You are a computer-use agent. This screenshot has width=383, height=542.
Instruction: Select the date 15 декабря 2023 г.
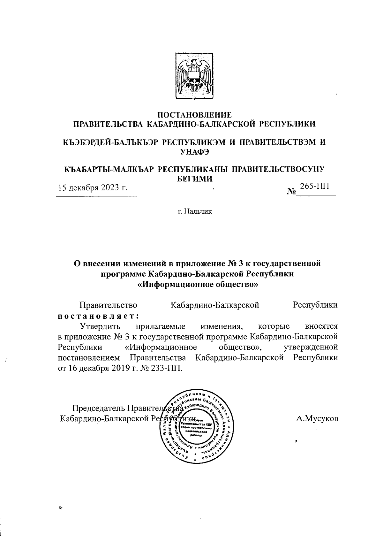pos(92,187)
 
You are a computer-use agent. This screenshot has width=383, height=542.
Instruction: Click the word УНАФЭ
pos(195,152)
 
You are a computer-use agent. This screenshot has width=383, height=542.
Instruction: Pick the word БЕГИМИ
pos(195,178)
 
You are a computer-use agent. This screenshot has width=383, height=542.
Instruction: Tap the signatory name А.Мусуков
pos(317,418)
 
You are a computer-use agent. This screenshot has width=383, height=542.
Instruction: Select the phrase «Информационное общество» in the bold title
pos(197,284)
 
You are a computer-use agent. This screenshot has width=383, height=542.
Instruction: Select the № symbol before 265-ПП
pos(291,192)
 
